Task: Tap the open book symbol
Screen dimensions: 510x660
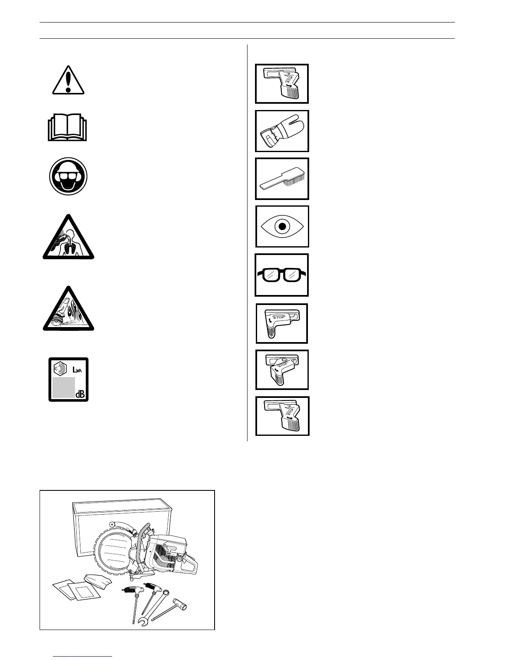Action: click(x=67, y=127)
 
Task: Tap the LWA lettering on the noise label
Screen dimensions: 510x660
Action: click(x=78, y=370)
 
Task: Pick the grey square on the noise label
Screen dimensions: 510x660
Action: click(x=63, y=387)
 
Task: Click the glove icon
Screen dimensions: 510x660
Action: click(x=282, y=131)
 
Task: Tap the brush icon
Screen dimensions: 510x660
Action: click(x=282, y=179)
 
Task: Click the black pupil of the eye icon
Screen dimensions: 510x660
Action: click(x=282, y=227)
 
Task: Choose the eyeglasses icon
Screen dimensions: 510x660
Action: click(x=282, y=275)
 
